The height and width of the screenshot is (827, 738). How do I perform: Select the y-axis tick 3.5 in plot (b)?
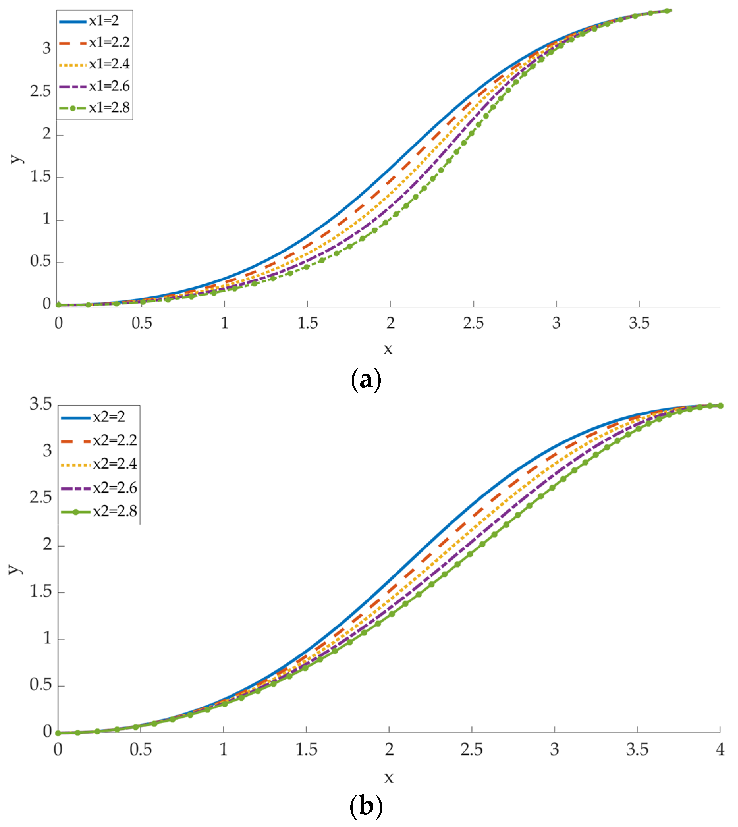(x=41, y=404)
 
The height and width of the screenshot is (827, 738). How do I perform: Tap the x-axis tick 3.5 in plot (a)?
(x=639, y=323)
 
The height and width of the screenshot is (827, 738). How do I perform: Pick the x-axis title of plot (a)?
(x=388, y=349)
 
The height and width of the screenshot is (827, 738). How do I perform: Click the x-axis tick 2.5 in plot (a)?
(x=473, y=323)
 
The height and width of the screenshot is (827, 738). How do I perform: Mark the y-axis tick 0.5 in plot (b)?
(x=41, y=685)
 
